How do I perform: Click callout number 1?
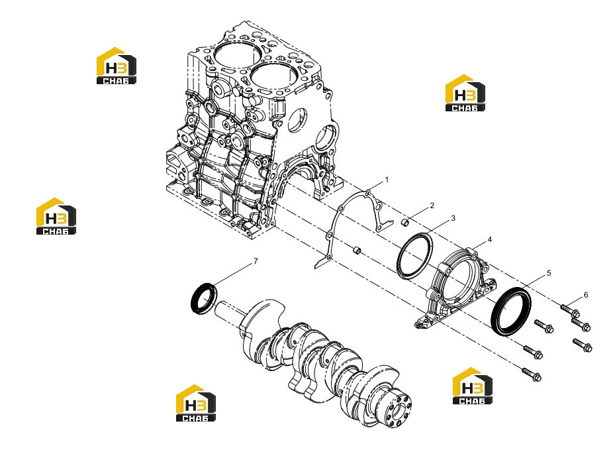[x=387, y=180]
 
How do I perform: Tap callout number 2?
[x=432, y=205]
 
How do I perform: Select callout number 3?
[x=453, y=218]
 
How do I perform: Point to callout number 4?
[x=489, y=239]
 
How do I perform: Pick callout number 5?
[x=549, y=273]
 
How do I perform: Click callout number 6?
[x=586, y=295]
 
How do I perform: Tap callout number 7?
[x=256, y=261]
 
